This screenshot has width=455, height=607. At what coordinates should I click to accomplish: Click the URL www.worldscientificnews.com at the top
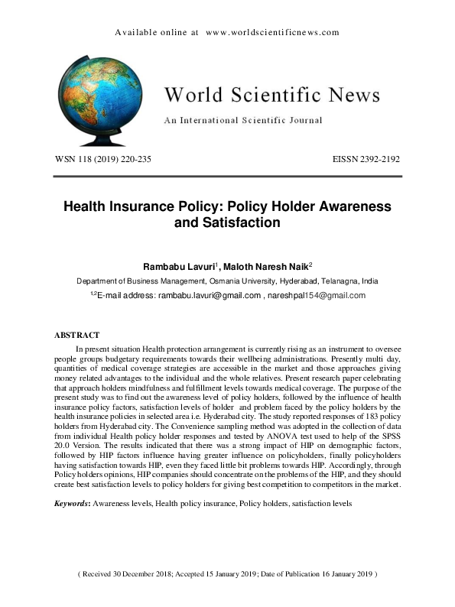click(272, 33)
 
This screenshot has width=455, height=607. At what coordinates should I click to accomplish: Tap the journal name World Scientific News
click(271, 96)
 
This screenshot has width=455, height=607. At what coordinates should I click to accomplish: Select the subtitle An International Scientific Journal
click(243, 120)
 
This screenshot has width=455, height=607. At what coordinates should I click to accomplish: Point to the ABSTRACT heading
click(76, 335)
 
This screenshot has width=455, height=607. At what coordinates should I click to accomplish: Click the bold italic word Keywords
click(71, 505)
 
